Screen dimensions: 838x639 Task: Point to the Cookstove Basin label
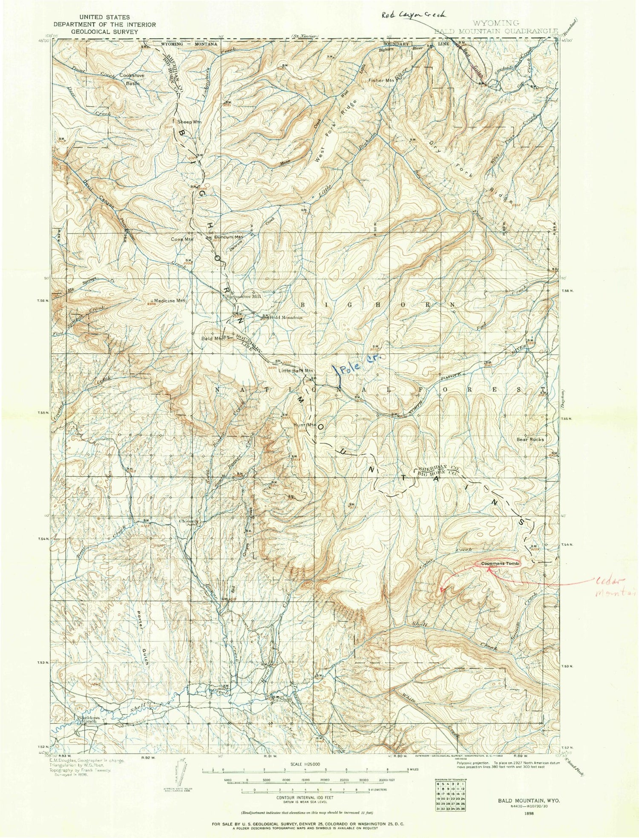tap(132, 79)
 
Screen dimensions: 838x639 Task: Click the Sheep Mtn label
tap(189, 122)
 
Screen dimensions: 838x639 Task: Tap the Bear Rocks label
tap(530, 439)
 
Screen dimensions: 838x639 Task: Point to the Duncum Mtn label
tap(228, 237)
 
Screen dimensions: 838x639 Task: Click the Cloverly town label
tap(189, 521)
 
